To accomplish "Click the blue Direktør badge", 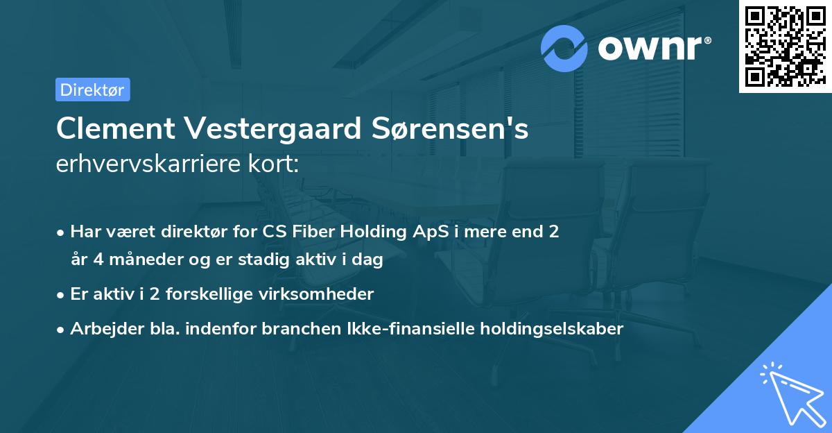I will [92, 90].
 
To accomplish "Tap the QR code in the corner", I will [785, 46].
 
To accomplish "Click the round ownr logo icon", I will [564, 48].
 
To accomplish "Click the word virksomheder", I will [327, 294].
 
